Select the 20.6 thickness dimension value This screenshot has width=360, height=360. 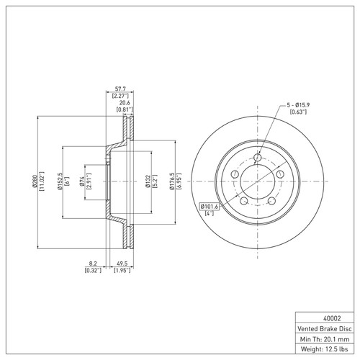coord(123,104)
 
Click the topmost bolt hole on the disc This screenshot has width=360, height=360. coord(257,158)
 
